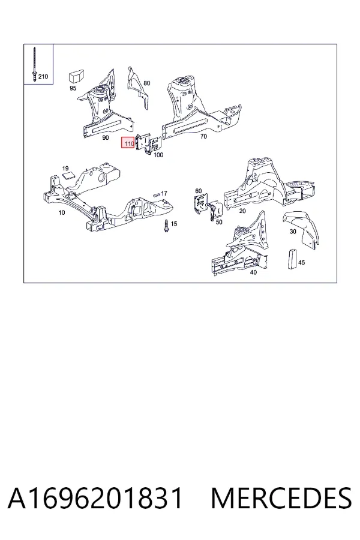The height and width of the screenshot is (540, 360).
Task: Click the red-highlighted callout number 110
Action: coord(129,143)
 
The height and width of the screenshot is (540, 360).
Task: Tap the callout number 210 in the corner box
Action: coord(43,76)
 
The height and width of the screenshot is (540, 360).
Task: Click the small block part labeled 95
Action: coord(77,76)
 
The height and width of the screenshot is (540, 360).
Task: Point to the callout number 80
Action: coord(147,83)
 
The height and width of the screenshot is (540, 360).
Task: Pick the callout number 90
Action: coord(106,138)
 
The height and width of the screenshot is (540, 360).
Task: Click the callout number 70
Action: coord(203,136)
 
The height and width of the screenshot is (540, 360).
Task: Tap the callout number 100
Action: coord(158,155)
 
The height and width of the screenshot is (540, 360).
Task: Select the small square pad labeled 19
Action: coord(68,175)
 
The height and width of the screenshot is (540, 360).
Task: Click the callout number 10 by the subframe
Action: coord(62,212)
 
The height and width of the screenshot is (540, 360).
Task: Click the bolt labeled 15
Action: coord(166,226)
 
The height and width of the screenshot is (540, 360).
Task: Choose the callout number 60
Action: coord(199,191)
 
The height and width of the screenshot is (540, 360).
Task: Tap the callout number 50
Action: coord(219,222)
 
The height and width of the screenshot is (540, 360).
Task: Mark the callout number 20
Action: coord(242,211)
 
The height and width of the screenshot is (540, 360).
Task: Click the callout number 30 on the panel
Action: coord(293,232)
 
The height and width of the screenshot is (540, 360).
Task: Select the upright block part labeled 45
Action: coord(292,258)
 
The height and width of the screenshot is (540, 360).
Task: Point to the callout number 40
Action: coord(253,272)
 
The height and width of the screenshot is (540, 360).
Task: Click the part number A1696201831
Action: coord(95,498)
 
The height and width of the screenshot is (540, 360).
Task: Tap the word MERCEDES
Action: coord(281,498)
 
